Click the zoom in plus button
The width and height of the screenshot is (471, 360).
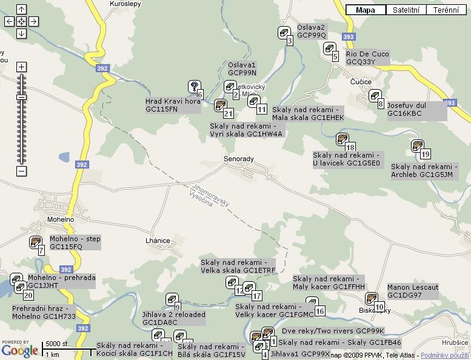tap(21, 67)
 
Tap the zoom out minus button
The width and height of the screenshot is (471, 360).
tap(21, 172)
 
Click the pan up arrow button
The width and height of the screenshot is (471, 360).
tap(21, 9)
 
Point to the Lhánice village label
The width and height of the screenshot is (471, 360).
tap(158, 241)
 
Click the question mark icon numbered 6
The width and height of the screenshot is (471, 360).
tap(193, 87)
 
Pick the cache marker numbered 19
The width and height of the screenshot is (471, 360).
tap(417, 145)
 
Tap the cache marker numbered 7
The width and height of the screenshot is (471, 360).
tap(36, 242)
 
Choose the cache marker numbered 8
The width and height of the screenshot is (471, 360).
tap(375, 96)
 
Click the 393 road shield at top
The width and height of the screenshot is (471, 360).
tap(347, 37)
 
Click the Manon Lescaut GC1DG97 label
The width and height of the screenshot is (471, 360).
tap(413, 291)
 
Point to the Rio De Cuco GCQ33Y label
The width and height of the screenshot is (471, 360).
tap(367, 58)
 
